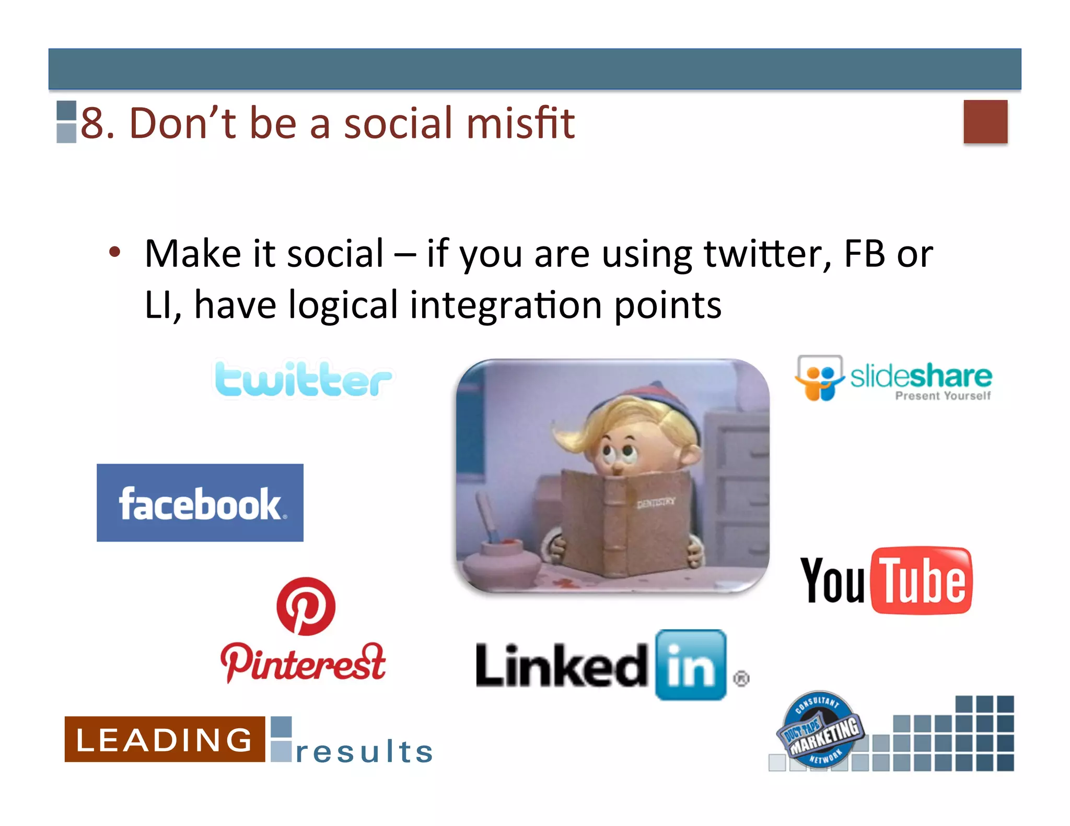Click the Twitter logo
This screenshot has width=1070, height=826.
(303, 379)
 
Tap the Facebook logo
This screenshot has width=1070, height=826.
(200, 503)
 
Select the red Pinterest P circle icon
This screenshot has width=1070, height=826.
(306, 606)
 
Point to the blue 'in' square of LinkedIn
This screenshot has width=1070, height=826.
(691, 665)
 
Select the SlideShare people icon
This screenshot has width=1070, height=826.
(819, 379)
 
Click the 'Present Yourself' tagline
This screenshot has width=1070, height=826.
(943, 396)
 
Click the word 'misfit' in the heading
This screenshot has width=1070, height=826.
(520, 123)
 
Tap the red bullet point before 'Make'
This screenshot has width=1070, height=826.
(114, 253)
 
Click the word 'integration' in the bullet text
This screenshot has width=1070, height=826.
(505, 305)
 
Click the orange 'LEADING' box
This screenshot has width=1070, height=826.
(165, 739)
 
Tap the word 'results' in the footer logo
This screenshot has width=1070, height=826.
(364, 752)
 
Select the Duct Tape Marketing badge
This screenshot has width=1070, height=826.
(820, 730)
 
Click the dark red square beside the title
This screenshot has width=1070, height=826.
(985, 122)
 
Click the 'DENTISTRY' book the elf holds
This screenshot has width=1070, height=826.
(627, 522)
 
